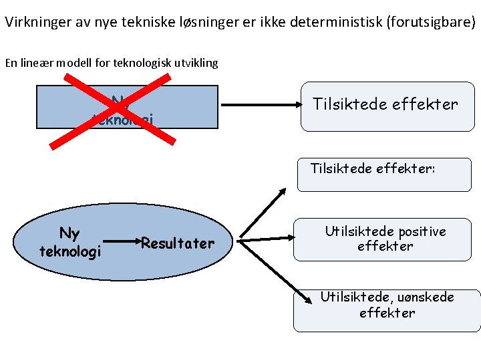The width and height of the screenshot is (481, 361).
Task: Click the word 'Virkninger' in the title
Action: (x=37, y=21)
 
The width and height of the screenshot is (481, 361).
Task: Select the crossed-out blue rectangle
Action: (x=194, y=107)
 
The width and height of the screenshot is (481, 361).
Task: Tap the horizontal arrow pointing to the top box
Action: (x=261, y=105)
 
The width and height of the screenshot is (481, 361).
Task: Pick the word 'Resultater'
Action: (x=178, y=243)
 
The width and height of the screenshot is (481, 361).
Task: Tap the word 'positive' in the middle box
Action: (x=421, y=232)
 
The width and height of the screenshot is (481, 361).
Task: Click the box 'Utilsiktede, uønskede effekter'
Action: (x=387, y=310)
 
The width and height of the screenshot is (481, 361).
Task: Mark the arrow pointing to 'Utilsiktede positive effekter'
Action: (x=267, y=238)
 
